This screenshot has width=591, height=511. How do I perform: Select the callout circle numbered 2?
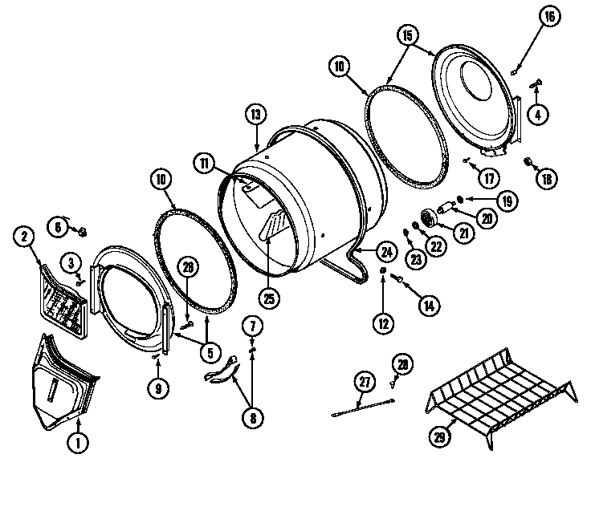pyautogui.click(x=24, y=236)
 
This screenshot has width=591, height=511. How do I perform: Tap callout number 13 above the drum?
pyautogui.click(x=256, y=115)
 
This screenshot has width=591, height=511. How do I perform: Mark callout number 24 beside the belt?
pyautogui.click(x=386, y=252)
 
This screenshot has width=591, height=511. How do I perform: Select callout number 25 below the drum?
pyautogui.click(x=269, y=297)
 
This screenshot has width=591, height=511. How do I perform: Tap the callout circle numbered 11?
pyautogui.click(x=204, y=163)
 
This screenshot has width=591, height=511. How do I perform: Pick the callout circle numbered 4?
pyautogui.click(x=537, y=114)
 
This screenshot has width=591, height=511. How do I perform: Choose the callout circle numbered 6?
pyautogui.click(x=56, y=228)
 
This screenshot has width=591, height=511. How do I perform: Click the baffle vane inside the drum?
pyautogui.click(x=272, y=225)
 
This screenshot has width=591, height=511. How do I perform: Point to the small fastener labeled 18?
pyautogui.click(x=528, y=163)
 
